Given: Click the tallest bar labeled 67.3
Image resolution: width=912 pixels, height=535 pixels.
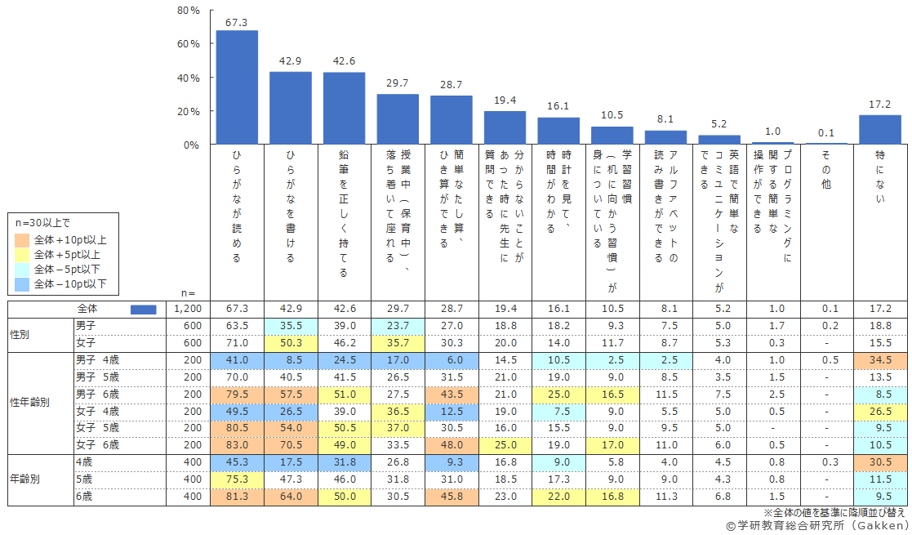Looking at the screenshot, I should coord(237,87).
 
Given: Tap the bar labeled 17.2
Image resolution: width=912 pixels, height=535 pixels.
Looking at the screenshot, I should coord(879,130).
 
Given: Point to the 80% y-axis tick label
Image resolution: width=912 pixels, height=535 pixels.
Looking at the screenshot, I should coord(189,11).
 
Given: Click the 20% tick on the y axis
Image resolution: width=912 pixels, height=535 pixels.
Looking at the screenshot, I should coord(189,111).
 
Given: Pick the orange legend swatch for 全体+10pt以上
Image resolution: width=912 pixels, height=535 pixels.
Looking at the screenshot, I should coord(22,240).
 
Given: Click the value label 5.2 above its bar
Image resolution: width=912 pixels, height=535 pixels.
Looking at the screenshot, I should coord(718,124).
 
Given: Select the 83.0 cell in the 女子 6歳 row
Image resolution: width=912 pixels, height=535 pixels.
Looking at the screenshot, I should coord(237,444).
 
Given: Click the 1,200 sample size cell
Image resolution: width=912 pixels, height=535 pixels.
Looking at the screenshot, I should coord(184,309).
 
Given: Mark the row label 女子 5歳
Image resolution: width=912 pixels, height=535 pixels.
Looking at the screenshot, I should coord(97,427).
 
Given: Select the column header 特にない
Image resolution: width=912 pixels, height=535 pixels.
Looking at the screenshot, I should coord(880,187).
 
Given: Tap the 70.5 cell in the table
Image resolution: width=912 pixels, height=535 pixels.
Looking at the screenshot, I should coord(290,444).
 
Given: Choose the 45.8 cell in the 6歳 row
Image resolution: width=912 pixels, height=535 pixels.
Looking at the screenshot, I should coord(451,496).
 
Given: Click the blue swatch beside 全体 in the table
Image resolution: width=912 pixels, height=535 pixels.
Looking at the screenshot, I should coord(143,309).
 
